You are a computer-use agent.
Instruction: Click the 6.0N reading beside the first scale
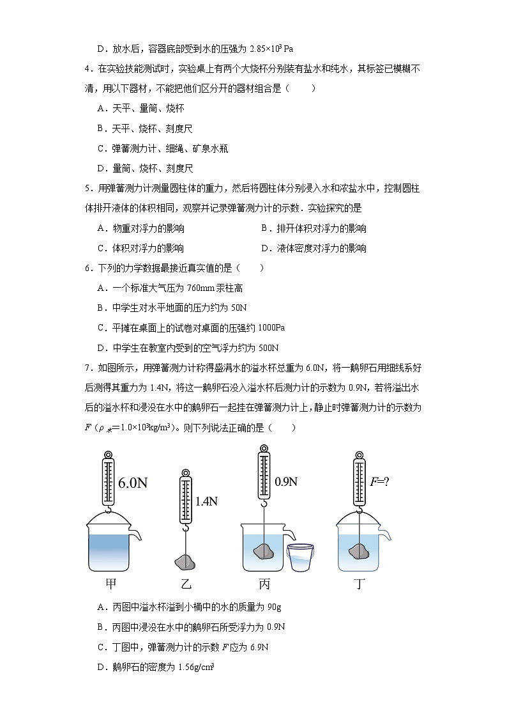click(x=133, y=483)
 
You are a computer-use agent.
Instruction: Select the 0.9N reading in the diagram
click(x=285, y=481)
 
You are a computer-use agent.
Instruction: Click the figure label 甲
click(x=110, y=584)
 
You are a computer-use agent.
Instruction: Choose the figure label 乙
click(x=186, y=584)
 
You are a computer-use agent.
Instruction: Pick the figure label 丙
click(x=264, y=584)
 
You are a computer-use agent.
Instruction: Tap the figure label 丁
click(x=361, y=584)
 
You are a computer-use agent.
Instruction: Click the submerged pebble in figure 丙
click(x=263, y=551)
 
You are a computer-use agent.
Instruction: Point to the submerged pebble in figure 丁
click(x=358, y=551)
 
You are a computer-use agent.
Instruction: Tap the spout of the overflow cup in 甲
click(x=136, y=534)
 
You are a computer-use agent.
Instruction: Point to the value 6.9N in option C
click(x=258, y=647)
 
